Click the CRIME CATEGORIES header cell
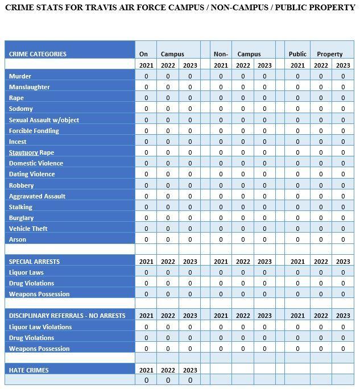38,54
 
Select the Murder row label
20,76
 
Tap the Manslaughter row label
29,87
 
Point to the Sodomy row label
21,109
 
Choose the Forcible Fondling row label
34,131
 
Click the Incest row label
18,142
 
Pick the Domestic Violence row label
36,163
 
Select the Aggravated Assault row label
37,196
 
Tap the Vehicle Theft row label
28,229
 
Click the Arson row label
18,239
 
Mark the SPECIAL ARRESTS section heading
34,262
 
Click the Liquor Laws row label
26,272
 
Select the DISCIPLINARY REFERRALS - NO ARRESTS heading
67,316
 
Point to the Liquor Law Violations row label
40,327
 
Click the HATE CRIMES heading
28,370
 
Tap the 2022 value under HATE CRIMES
168,380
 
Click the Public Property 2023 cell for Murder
343,76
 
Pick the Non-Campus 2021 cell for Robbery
221,185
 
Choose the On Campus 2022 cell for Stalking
168,207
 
